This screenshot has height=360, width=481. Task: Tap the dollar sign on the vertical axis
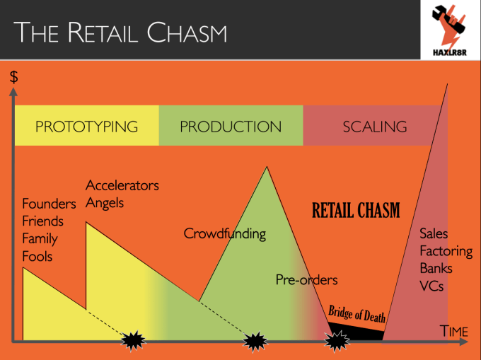click(x=13, y=76)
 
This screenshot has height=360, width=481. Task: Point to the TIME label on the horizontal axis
click(x=453, y=331)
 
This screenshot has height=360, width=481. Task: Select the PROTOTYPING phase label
click(x=86, y=127)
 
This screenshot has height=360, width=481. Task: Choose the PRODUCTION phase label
click(x=231, y=127)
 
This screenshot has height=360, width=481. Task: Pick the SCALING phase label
click(x=375, y=127)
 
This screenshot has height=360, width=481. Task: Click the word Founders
click(x=49, y=204)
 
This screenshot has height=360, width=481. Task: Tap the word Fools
click(x=37, y=256)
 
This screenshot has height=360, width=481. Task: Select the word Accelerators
click(x=122, y=185)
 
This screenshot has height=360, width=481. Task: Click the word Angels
click(x=105, y=203)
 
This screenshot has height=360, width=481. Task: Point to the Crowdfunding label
click(x=224, y=233)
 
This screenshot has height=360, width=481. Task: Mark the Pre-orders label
click(x=306, y=280)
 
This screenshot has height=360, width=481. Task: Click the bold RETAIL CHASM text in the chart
click(x=356, y=210)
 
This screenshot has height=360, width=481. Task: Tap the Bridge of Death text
click(x=357, y=315)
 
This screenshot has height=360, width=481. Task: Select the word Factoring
click(x=446, y=251)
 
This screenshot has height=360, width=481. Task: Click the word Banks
click(x=436, y=269)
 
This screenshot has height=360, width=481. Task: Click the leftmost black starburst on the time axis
click(x=132, y=341)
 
